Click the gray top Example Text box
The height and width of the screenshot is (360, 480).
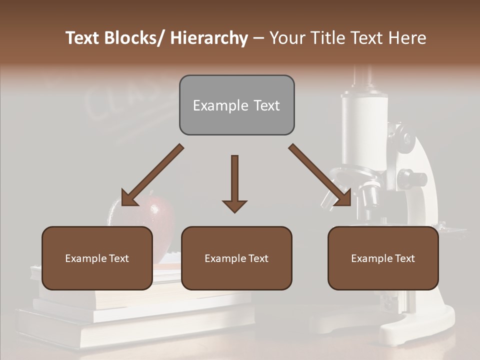(236, 105)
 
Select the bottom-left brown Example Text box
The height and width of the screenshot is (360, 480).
(97, 258)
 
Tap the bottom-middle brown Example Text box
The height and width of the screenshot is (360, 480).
(236, 258)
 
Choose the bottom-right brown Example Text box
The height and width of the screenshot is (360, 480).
(383, 258)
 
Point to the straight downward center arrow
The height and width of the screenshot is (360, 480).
(234, 183)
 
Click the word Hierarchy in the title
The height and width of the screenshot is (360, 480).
(209, 38)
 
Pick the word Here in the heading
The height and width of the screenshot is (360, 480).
(407, 38)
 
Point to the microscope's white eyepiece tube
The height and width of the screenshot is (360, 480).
(364, 130)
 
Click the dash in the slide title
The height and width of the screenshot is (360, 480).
(258, 38)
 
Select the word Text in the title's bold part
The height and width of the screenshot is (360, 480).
(83, 38)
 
